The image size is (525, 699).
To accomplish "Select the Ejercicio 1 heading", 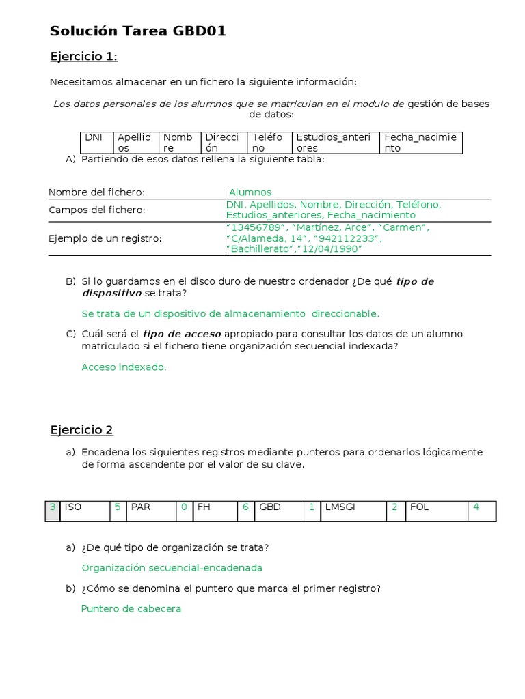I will (x=84, y=56).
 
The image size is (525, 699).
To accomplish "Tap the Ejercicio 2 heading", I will (x=82, y=430).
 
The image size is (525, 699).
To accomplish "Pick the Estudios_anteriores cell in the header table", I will (x=335, y=142).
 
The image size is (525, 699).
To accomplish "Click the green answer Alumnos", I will (x=250, y=192).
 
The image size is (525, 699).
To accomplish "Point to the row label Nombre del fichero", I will (x=96, y=192).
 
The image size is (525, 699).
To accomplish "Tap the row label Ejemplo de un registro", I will (x=105, y=238).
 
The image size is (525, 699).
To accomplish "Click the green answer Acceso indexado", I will (x=124, y=367).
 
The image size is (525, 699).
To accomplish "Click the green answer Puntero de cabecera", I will (x=131, y=608).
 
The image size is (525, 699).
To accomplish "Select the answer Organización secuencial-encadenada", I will (x=172, y=567).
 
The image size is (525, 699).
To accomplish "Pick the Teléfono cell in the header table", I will (x=269, y=142).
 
